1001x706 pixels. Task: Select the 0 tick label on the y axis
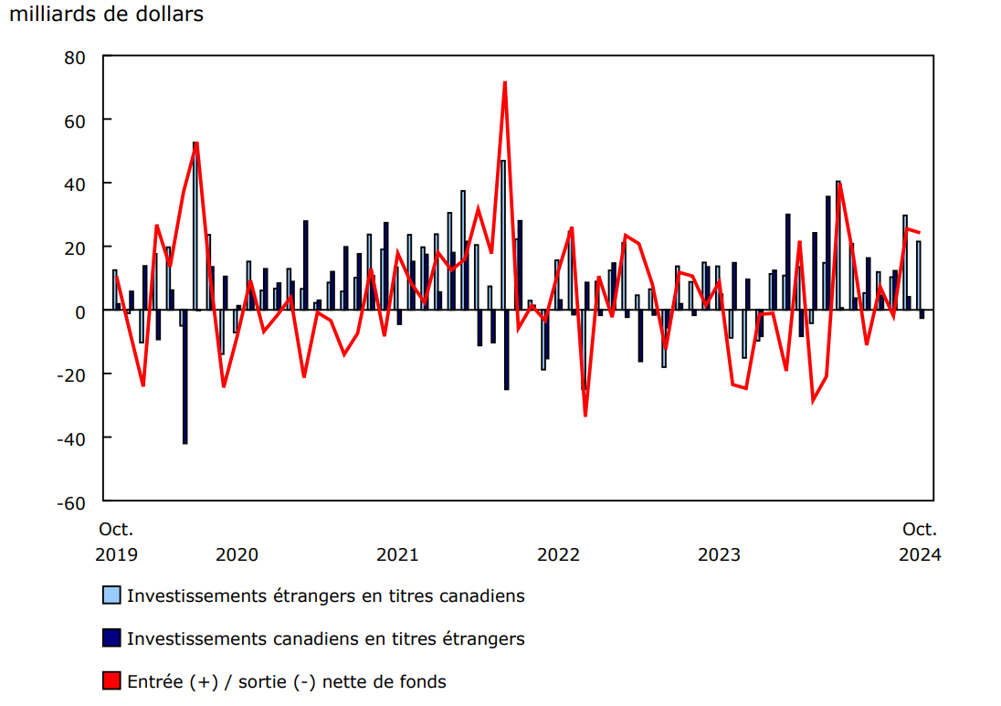point(80,311)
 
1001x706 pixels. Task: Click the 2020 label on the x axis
point(237,554)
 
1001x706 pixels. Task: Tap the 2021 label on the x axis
point(397,554)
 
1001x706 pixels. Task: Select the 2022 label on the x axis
point(558,554)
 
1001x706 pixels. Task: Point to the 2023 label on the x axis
point(719,554)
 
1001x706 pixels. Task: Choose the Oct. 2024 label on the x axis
point(920,542)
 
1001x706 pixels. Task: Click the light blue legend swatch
point(111,595)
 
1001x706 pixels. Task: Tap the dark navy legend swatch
point(111,638)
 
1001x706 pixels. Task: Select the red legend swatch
point(111,680)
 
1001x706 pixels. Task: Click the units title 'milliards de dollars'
point(107,15)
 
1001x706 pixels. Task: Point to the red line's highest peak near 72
point(504,83)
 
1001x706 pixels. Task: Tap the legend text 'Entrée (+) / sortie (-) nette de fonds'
point(287,681)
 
